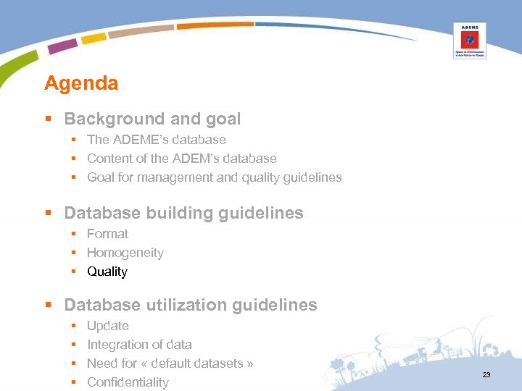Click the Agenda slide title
click(81, 83)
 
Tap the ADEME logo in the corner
click(469, 40)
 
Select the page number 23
click(486, 374)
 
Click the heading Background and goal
click(152, 119)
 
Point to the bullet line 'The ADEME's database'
click(157, 140)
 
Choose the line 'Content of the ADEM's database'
click(182, 159)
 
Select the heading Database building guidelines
click(183, 213)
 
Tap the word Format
click(107, 234)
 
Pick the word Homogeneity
click(125, 253)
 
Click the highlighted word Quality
click(107, 272)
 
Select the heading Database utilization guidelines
click(191, 305)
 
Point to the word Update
click(108, 326)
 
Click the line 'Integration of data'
click(139, 345)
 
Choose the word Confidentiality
click(128, 382)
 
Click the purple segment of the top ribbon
click(62, 46)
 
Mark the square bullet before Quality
click(74, 272)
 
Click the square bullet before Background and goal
click(49, 119)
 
